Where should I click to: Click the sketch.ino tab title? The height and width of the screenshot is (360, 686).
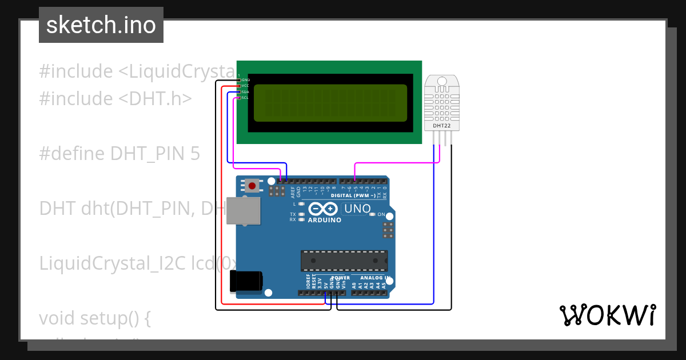pos(101,25)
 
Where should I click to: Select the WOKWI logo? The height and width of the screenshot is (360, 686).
pos(607,315)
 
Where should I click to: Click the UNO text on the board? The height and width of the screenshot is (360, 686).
pos(357,209)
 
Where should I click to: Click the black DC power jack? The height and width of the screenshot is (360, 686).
pos(245,282)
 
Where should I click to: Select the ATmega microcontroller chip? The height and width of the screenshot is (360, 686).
pos(344,261)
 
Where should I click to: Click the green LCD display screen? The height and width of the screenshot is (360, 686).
pos(330,103)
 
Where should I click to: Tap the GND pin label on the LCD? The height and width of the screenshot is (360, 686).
pos(245,80)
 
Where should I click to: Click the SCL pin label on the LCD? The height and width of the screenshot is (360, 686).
pos(245,98)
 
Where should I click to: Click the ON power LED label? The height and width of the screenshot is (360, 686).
pos(381,214)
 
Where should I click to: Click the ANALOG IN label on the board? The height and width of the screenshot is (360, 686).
pos(375,278)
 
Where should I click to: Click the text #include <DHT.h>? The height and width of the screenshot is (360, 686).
pos(115,99)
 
